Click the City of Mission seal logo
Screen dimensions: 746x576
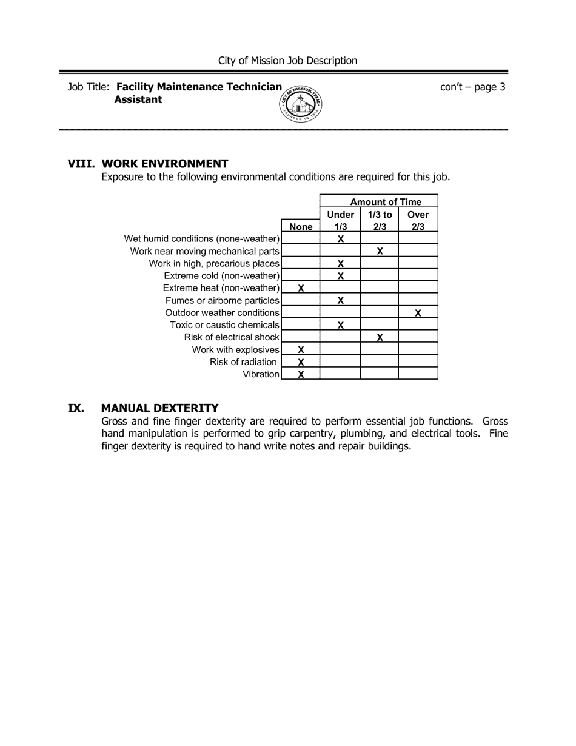pyautogui.click(x=301, y=104)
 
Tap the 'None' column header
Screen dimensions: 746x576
pyautogui.click(x=301, y=227)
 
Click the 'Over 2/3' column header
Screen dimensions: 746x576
pyautogui.click(x=418, y=220)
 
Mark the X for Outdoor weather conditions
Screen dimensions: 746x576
pyautogui.click(x=418, y=313)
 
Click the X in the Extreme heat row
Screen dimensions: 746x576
pyautogui.click(x=301, y=288)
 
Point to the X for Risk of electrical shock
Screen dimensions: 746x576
pyautogui.click(x=380, y=337)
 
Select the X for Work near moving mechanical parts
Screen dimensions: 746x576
pyautogui.click(x=380, y=251)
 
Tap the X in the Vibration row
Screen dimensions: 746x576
pyautogui.click(x=301, y=374)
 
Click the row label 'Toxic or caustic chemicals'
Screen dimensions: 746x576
pyautogui.click(x=224, y=325)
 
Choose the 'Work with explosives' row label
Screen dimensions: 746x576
pyautogui.click(x=235, y=350)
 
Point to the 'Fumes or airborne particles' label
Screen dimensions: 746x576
pyautogui.click(x=222, y=301)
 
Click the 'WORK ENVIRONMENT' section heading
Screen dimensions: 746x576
pyautogui.click(x=165, y=164)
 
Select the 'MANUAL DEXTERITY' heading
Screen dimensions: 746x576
pyautogui.click(x=159, y=408)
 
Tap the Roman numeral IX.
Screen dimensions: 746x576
pyautogui.click(x=76, y=408)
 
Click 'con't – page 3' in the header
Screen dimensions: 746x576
pyautogui.click(x=472, y=87)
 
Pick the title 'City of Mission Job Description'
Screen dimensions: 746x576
pyautogui.click(x=287, y=61)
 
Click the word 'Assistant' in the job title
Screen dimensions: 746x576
pyautogui.click(x=138, y=100)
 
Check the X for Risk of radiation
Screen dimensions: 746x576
pyautogui.click(x=301, y=362)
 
